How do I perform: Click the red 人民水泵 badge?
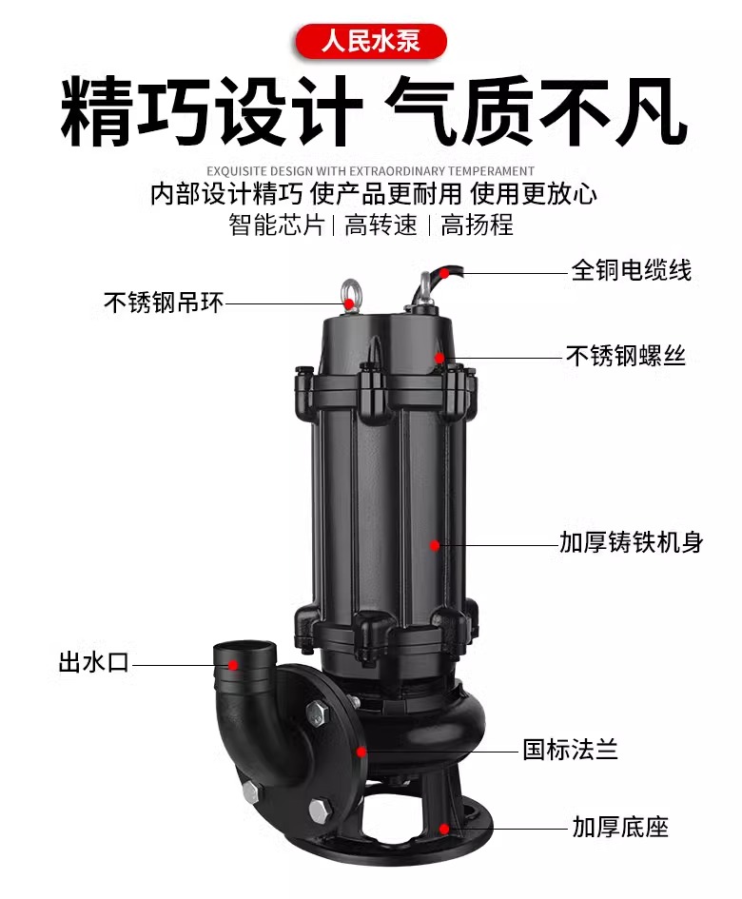371,41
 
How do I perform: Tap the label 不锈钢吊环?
164,303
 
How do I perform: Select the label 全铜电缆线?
632,270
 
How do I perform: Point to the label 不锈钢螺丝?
626,356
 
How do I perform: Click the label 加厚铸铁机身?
632,542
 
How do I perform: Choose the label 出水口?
94,662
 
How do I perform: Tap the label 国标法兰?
570,750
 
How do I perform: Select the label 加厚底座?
620,827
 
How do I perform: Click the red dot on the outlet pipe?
233,665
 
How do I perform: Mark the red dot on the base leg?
444,829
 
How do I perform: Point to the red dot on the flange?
361,752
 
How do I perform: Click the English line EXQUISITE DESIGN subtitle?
370,171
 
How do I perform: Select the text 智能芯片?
277,225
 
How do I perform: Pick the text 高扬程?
477,225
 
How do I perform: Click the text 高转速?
381,225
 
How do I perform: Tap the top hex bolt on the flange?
316,713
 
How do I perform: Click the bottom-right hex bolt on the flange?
322,809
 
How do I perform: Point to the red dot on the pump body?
435,545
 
